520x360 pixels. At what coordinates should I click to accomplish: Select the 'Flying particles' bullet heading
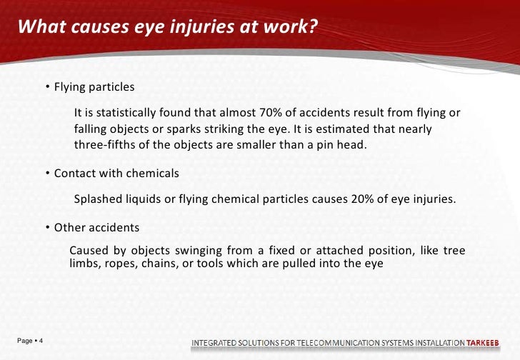click(94, 87)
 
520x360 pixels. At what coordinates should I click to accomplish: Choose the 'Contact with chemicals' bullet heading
click(116, 174)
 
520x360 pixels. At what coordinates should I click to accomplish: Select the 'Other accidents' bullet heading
click(96, 228)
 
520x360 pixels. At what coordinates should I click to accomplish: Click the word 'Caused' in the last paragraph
click(89, 250)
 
